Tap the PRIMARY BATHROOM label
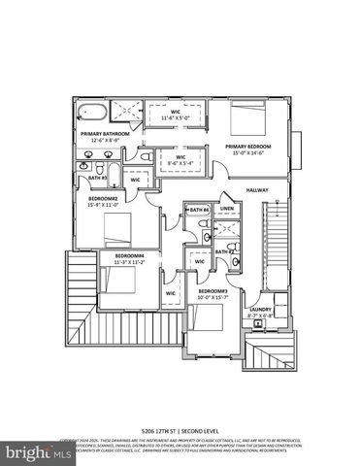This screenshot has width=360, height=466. pos(103,134)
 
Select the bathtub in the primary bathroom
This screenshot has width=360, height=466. pos(90,110)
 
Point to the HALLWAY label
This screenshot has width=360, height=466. pos(257,189)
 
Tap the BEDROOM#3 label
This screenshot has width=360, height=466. pos(213,289)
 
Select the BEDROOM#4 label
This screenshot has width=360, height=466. pos(129,255)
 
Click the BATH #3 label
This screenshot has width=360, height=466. pos(96,179)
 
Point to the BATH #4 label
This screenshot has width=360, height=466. pos(200,210)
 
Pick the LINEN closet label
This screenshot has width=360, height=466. pos(227,210)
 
